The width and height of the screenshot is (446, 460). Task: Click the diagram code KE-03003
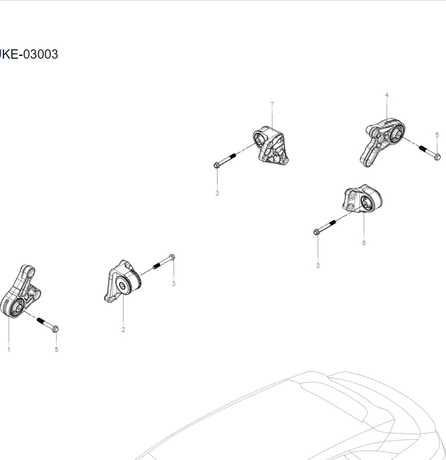(x=29, y=55)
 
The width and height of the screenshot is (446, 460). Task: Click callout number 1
(x=9, y=349)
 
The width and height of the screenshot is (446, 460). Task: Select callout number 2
(x=123, y=330)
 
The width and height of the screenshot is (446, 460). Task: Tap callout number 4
(x=387, y=95)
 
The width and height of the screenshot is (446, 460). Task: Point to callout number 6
(x=364, y=243)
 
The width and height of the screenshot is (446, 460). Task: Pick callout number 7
(x=272, y=105)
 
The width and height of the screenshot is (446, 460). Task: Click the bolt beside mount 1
(x=48, y=325)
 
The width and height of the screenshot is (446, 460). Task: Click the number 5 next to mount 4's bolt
(x=437, y=135)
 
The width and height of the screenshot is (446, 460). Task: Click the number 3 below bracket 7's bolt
(x=217, y=193)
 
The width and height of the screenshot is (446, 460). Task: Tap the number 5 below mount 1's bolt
(x=56, y=349)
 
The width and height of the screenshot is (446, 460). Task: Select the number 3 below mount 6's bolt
(x=318, y=266)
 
